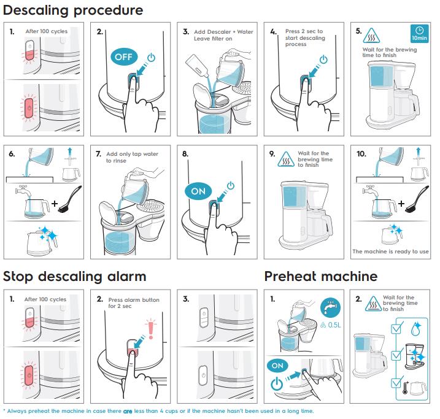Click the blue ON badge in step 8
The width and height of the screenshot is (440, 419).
pos(198,191)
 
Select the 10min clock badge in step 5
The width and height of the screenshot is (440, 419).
pos(420,34)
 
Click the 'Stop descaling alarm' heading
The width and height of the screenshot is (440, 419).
pos(75,276)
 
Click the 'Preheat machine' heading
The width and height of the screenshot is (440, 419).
pos(320,276)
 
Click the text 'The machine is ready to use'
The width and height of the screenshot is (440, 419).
pos(390,252)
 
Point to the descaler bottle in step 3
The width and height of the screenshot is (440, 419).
pos(196,61)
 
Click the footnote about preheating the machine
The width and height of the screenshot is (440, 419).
pos(158,411)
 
